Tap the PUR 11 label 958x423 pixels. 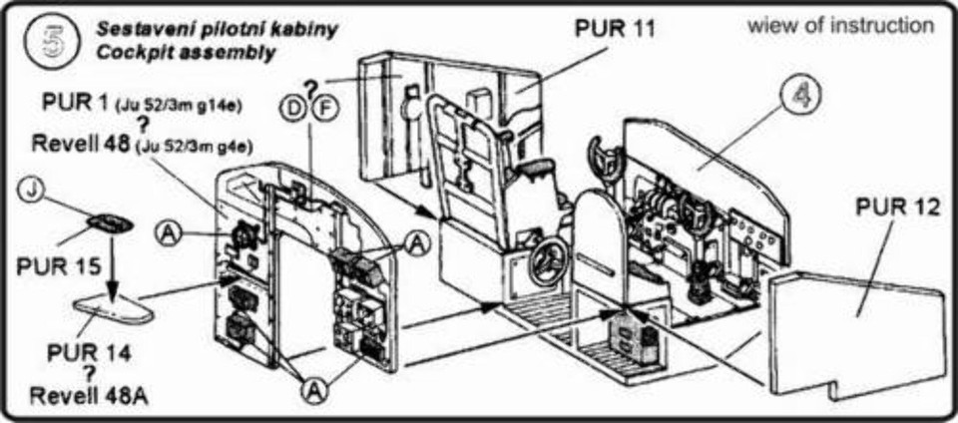pos(614,27)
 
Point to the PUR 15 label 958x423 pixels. pos(58,265)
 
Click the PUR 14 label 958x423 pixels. pos(90,353)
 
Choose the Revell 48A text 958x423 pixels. pos(89,397)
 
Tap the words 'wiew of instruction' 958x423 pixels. pos(840,26)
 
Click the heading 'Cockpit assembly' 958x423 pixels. pos(186,53)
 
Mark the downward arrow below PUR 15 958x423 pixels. pos(111,265)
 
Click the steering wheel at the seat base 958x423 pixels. pos(549,261)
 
